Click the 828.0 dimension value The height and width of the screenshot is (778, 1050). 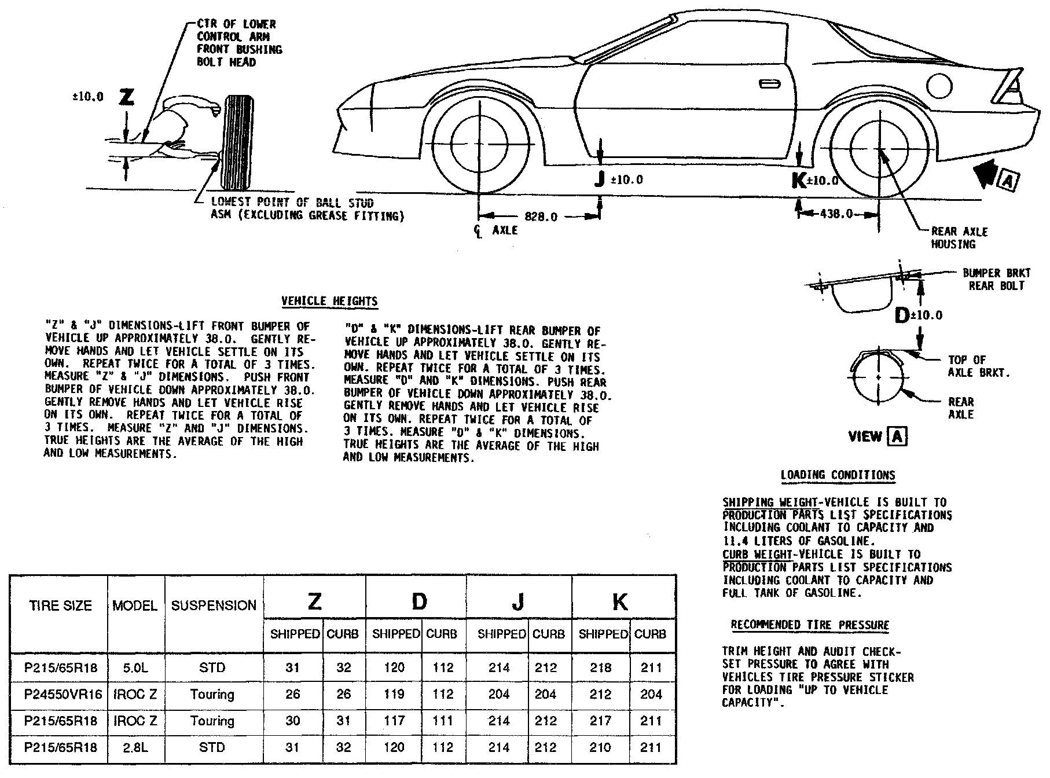click(541, 216)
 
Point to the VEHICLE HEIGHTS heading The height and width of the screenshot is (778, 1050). click(329, 301)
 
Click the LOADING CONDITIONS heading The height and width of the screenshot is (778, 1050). click(838, 476)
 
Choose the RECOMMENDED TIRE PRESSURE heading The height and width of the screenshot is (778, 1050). click(810, 625)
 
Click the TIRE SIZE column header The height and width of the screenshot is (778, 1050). click(60, 605)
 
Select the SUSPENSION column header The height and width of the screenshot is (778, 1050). click(214, 605)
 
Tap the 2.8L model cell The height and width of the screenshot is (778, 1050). click(135, 747)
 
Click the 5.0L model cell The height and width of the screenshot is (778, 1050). click(135, 668)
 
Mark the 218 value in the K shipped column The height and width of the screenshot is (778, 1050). click(600, 668)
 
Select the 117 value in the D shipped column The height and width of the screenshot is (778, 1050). click(394, 721)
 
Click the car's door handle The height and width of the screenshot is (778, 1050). click(769, 85)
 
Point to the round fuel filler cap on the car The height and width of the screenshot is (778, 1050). click(939, 86)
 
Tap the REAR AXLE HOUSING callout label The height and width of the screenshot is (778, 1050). click(959, 238)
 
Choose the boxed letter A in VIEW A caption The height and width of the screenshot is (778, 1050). click(897, 436)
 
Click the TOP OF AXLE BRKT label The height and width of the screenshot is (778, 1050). click(978, 366)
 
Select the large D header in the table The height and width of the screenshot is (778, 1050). click(418, 602)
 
